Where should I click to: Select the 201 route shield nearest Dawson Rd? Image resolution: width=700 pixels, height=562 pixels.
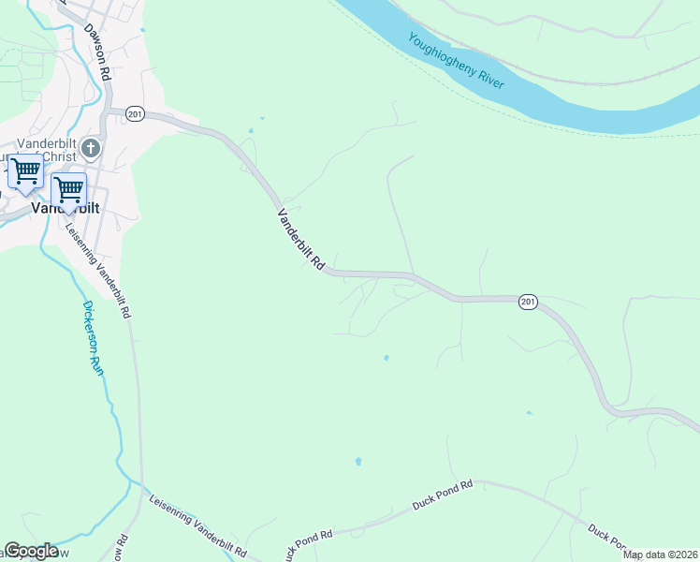(134, 112)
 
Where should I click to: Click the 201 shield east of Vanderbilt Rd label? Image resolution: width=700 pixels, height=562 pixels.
(528, 302)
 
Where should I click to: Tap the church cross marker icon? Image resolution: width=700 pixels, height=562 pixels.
(91, 148)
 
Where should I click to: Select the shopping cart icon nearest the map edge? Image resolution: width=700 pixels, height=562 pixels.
(25, 172)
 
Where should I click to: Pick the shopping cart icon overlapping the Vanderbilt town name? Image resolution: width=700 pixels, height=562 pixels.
(68, 190)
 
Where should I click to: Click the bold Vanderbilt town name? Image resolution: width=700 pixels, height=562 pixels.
(66, 209)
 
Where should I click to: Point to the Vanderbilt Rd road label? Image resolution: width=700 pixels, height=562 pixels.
(299, 240)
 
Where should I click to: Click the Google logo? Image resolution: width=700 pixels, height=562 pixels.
(31, 551)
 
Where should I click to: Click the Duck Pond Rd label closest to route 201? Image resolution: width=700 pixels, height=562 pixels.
(443, 495)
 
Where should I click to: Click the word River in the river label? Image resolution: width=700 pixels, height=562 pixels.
(487, 76)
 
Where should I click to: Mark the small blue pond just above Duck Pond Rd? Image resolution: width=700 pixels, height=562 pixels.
(357, 462)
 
